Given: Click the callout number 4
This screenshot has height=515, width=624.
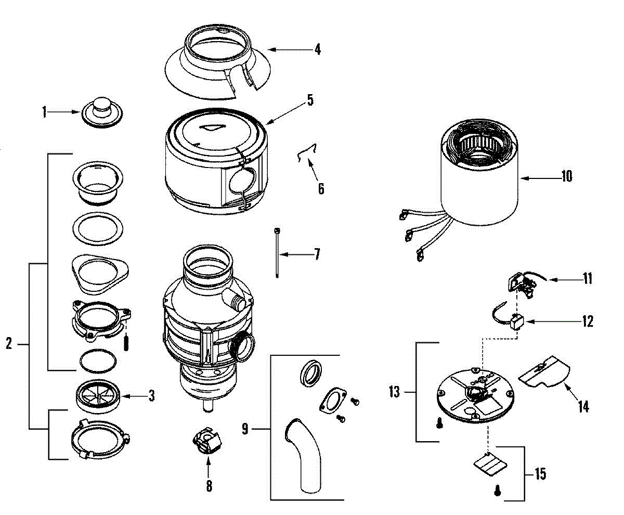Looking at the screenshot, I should [x=317, y=50].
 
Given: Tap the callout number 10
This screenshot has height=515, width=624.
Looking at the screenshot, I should [x=566, y=177].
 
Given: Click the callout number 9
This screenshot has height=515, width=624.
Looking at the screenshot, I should [x=245, y=430].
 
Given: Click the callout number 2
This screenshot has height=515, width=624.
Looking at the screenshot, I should [x=8, y=344].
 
